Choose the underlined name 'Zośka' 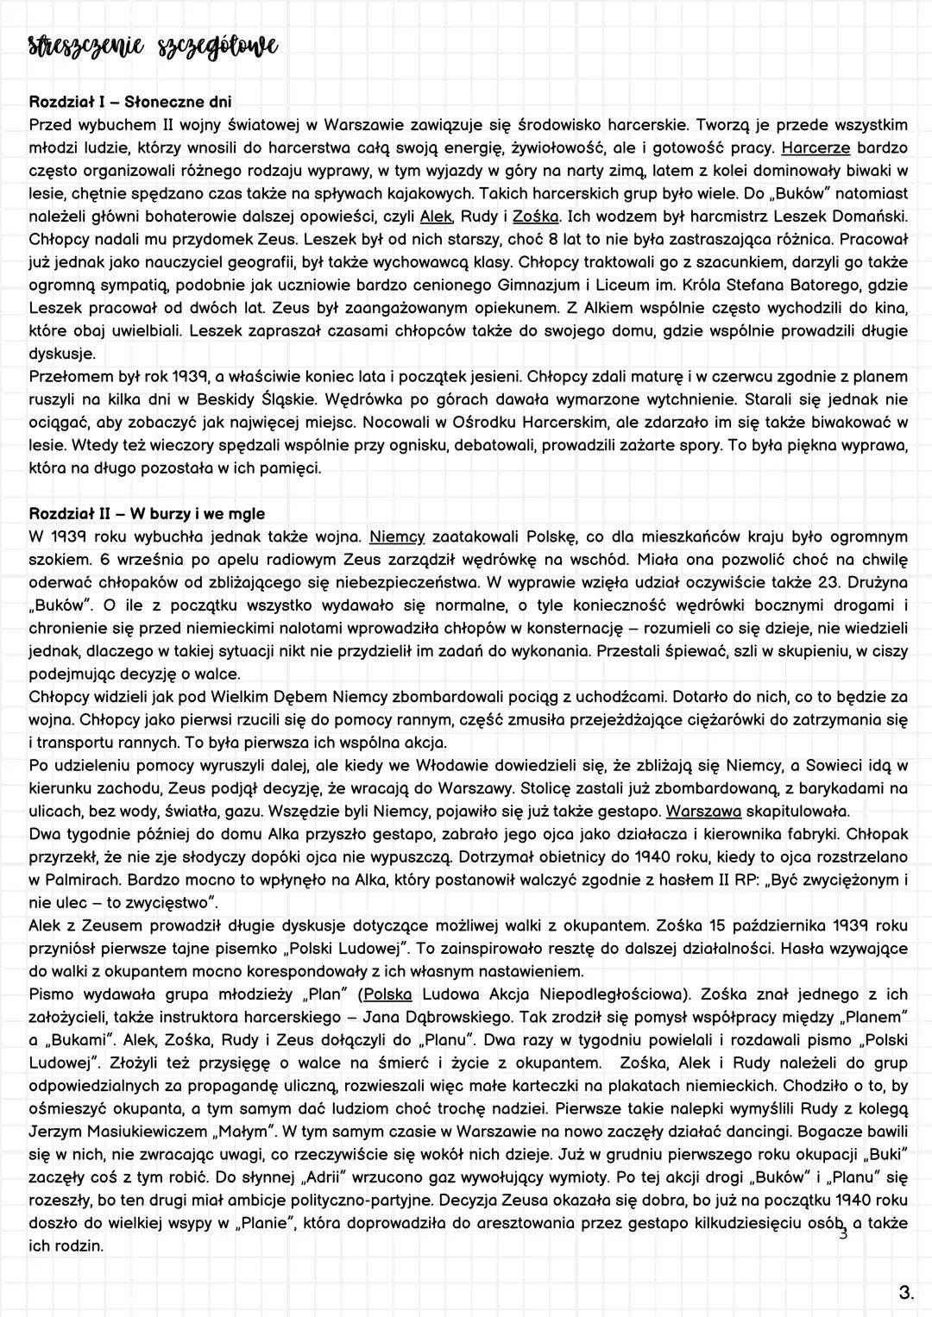point(537,215)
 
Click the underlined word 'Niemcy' point(397,537)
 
